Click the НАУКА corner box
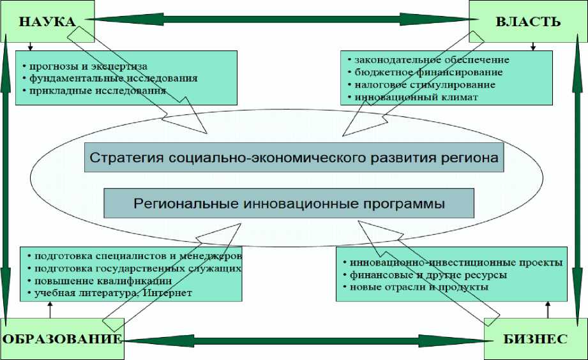click(x=47, y=21)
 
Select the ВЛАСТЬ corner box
click(x=527, y=22)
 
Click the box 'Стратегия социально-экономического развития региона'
click(x=294, y=157)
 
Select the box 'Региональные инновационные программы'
click(x=289, y=204)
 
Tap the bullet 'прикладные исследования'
click(x=94, y=91)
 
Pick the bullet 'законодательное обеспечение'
click(x=441, y=60)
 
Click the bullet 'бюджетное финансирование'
click(x=428, y=72)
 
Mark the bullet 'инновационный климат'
click(x=414, y=97)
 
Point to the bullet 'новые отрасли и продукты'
click(x=419, y=287)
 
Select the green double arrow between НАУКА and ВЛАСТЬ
click(x=282, y=20)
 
